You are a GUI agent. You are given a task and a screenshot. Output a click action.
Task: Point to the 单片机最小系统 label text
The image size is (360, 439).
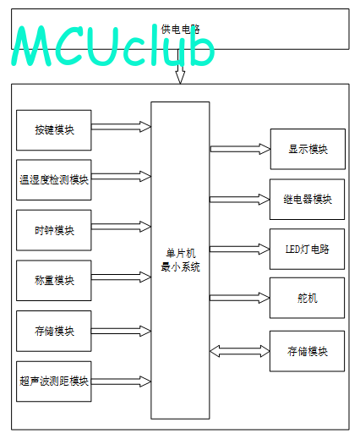180,260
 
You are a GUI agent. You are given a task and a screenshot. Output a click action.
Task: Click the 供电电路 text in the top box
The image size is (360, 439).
180,29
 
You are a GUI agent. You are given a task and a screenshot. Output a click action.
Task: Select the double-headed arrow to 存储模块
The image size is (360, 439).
240,351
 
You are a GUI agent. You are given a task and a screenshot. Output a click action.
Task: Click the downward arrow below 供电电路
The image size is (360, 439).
180,67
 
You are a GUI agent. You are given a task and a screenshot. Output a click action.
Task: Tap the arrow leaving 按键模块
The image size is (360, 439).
121,127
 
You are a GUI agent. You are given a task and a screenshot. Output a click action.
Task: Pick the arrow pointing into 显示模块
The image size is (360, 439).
240,149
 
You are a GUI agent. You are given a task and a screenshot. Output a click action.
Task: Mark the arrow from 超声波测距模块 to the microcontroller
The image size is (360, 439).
121,381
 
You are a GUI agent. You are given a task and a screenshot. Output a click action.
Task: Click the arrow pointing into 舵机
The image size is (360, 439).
240,298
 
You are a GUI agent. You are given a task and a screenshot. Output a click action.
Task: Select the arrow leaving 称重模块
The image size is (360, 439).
121,277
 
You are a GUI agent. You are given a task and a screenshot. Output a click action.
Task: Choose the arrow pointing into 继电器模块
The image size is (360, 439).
240,200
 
